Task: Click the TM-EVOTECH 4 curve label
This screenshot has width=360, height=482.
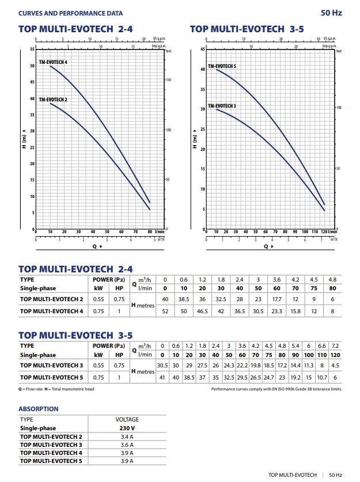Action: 53,62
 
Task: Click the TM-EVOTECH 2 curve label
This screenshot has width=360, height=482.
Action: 53,100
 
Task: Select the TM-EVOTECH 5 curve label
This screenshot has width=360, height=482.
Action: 222,66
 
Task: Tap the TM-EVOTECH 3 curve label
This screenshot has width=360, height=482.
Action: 222,106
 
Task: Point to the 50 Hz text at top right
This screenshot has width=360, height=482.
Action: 331,13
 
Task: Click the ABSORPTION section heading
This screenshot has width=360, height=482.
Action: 39,409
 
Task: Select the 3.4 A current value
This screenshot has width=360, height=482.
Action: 127,437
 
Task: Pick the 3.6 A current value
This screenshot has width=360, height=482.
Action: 127,445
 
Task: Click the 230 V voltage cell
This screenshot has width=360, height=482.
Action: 127,428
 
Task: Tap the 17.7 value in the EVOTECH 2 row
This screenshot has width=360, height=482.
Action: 276,299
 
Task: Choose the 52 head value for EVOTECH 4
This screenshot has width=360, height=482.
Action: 165,311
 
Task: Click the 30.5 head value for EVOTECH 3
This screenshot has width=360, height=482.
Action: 162,365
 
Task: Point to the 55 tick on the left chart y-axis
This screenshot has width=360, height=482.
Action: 32,50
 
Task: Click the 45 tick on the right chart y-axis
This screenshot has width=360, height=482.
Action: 202,50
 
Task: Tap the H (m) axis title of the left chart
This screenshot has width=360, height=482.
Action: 24,139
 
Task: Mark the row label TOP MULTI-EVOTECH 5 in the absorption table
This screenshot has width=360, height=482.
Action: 51,461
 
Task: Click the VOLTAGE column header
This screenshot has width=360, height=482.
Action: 127,420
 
